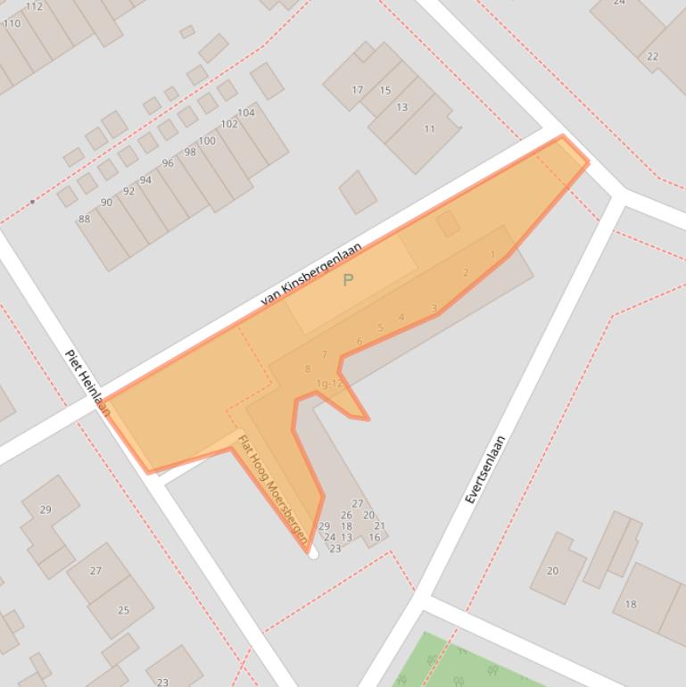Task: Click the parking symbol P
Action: click(x=348, y=280)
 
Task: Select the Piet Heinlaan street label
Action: click(x=87, y=382)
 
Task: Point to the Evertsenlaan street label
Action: click(x=485, y=469)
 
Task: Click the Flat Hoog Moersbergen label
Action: click(x=273, y=489)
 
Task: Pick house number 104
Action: click(x=246, y=112)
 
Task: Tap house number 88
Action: click(x=85, y=219)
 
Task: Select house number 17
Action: click(x=358, y=89)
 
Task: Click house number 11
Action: click(x=429, y=128)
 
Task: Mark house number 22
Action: click(x=653, y=56)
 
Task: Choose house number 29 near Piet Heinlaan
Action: click(x=45, y=509)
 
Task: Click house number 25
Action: click(x=123, y=610)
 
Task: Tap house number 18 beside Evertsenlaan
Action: click(x=631, y=604)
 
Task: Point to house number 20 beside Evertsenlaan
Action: click(x=552, y=571)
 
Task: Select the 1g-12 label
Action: click(x=329, y=384)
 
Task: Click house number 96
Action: click(x=168, y=163)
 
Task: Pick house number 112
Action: click(x=34, y=6)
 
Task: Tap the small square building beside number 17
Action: click(x=358, y=192)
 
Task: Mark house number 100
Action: click(x=207, y=141)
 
